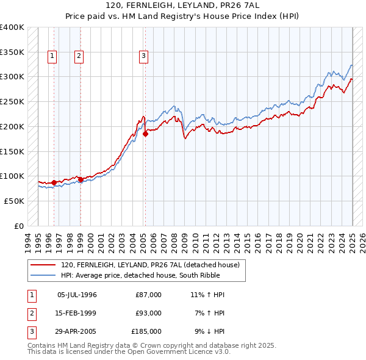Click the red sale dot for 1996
[x=54, y=182]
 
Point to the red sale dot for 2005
[x=145, y=134]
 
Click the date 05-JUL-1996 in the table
[x=77, y=295]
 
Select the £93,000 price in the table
[x=148, y=313]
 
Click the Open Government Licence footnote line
[x=129, y=352]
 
